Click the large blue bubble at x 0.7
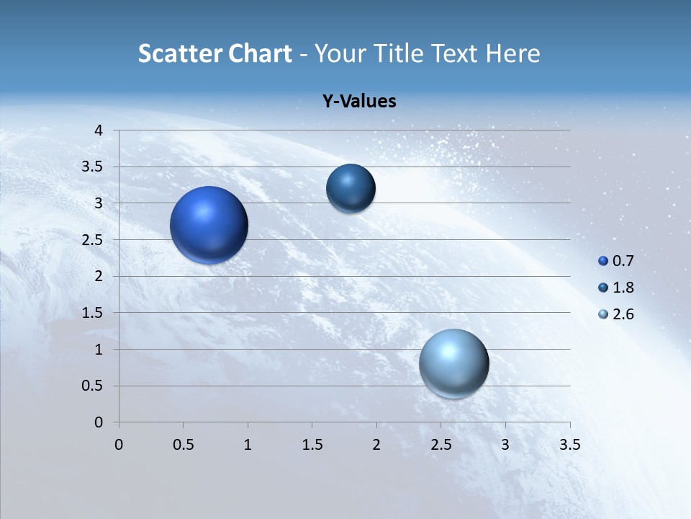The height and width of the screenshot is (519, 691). (x=209, y=225)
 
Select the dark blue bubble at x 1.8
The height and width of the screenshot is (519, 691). (x=351, y=189)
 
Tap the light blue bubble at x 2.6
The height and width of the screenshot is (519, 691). (x=453, y=363)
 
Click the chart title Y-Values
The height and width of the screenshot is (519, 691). (x=358, y=102)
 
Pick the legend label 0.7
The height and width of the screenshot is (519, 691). (x=623, y=261)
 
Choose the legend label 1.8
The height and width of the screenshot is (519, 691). (x=623, y=288)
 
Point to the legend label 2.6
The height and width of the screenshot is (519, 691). (x=623, y=314)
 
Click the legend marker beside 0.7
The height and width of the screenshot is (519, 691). (x=603, y=261)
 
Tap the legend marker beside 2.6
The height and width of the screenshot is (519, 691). (x=603, y=314)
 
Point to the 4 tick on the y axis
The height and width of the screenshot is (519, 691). (x=99, y=130)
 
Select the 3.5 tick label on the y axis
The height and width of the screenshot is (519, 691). (x=93, y=167)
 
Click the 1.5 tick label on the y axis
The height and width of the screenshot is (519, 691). (x=93, y=313)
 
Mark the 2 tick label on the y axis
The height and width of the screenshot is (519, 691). (x=99, y=276)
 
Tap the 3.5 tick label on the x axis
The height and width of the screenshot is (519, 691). (x=569, y=445)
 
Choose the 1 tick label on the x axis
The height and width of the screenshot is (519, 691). (x=248, y=445)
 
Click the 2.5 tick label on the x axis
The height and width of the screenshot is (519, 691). (x=441, y=445)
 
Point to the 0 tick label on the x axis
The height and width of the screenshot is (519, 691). (x=119, y=445)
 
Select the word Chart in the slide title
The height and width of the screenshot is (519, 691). (x=260, y=53)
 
